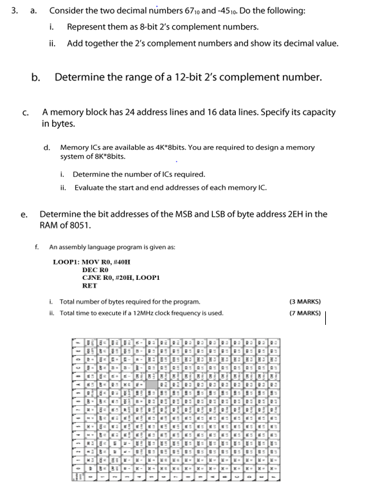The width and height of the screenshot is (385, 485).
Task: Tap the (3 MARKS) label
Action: coord(305,301)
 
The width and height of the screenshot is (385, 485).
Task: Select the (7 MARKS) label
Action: coord(305,313)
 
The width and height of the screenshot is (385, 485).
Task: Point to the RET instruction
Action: coord(90,286)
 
